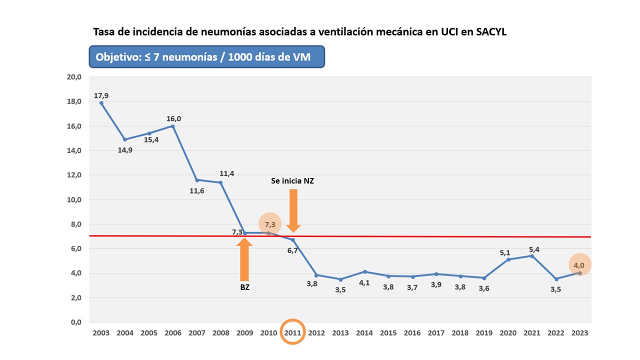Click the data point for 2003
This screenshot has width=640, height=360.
click(101, 103)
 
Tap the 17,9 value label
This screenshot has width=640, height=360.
click(101, 95)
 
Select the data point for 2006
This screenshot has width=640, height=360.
click(173, 126)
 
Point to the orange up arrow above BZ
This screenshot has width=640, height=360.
click(244, 259)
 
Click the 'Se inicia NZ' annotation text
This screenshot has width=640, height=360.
click(292, 181)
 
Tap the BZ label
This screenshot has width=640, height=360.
click(244, 287)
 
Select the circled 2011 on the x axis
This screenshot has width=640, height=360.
click(292, 332)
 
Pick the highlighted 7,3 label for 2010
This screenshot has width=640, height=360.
click(270, 224)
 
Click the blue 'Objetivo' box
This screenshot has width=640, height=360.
click(206, 57)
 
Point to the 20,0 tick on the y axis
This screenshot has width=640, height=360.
click(73, 77)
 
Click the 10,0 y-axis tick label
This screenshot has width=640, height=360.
click(73, 199)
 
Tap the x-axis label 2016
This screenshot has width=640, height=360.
click(412, 333)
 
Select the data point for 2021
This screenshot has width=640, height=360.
click(532, 256)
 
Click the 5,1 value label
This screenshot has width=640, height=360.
click(505, 252)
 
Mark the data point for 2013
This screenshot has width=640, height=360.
click(340, 279)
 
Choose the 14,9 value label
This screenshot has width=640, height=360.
click(125, 149)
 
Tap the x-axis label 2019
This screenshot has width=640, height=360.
click(484, 333)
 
